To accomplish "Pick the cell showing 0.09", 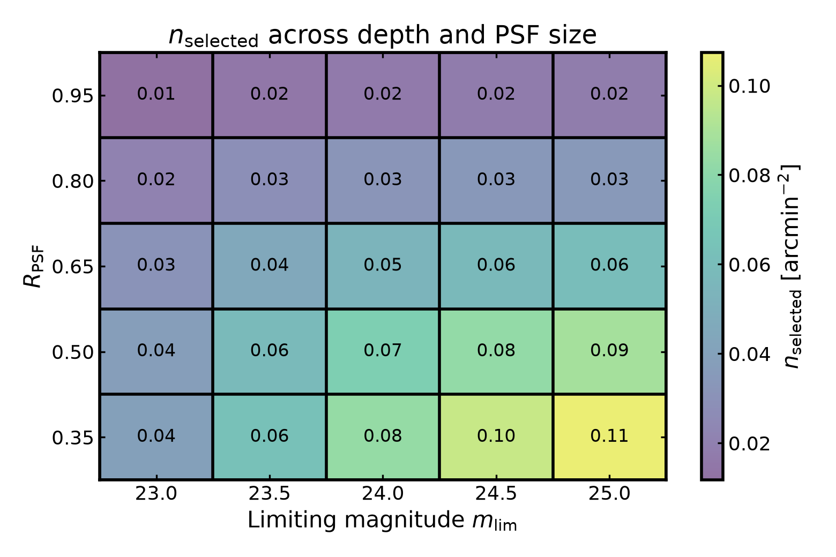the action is pyautogui.click(x=609, y=351).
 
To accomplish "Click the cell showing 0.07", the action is pyautogui.click(x=383, y=351).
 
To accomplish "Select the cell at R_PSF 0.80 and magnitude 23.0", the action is pyautogui.click(x=156, y=180).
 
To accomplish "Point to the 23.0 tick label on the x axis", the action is pyautogui.click(x=156, y=494).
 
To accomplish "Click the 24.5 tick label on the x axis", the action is pyautogui.click(x=496, y=494).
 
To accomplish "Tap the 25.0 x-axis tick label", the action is pyautogui.click(x=609, y=494).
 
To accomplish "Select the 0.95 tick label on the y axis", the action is pyautogui.click(x=72, y=96).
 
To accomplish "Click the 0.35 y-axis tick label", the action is pyautogui.click(x=72, y=438).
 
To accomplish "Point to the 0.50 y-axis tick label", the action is pyautogui.click(x=72, y=352).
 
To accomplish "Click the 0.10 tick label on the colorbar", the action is pyautogui.click(x=749, y=86).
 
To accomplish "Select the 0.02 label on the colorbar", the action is pyautogui.click(x=749, y=443).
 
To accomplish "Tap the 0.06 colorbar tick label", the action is pyautogui.click(x=749, y=265).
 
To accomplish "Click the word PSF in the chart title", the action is pyautogui.click(x=517, y=35).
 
